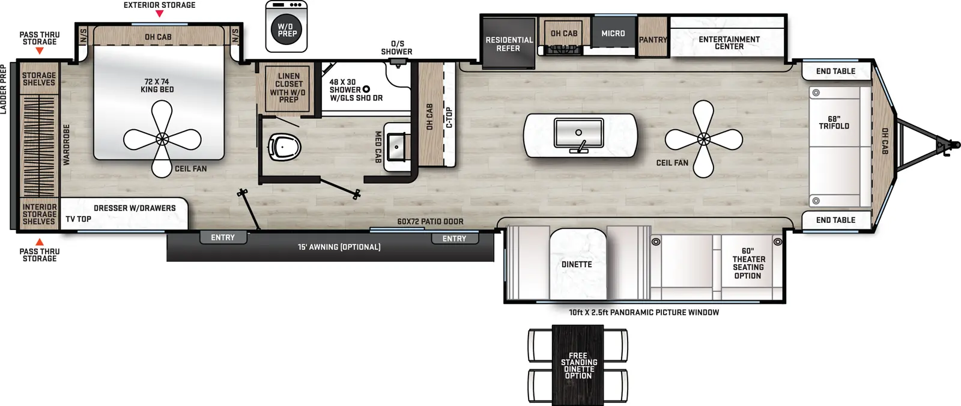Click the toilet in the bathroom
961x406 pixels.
(284, 146)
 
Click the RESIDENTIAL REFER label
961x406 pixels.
(509, 44)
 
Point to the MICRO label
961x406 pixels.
(613, 34)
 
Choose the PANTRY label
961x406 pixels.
(653, 40)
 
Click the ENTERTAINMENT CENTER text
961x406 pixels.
(729, 43)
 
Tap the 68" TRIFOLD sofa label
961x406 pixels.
(834, 123)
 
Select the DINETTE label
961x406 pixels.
(577, 264)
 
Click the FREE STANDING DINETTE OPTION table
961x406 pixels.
(578, 365)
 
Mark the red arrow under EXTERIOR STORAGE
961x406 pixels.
(159, 13)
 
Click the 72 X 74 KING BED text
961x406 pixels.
(157, 85)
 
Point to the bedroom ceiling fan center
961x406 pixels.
(162, 139)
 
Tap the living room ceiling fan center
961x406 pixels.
(703, 139)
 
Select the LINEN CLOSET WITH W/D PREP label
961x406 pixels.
(288, 88)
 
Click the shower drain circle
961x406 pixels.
(366, 89)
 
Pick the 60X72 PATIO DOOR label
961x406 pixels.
(430, 222)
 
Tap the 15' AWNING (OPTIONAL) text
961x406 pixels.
(339, 247)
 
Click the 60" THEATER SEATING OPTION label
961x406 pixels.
(748, 264)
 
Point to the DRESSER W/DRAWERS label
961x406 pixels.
(135, 208)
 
